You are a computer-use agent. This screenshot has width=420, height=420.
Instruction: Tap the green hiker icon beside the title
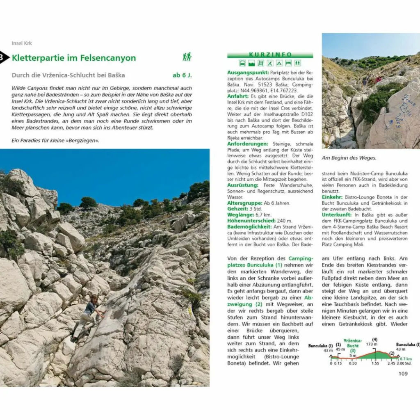click(x=187, y=57)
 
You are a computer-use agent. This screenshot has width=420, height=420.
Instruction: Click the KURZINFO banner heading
click(x=270, y=55)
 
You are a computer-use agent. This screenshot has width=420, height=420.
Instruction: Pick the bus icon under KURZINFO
click(x=242, y=63)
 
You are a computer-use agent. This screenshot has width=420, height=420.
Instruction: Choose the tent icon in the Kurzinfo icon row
click(x=279, y=63)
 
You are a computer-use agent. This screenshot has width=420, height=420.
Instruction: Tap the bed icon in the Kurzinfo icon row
click(x=288, y=63)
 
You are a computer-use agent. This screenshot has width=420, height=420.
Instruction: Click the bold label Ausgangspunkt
click(x=248, y=72)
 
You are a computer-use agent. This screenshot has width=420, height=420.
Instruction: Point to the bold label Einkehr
click(x=332, y=197)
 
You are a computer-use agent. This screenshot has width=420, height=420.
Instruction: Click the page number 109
click(x=403, y=373)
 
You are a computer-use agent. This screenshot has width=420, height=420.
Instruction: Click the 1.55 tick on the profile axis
click(x=375, y=363)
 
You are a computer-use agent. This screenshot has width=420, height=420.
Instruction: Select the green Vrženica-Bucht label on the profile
click(x=352, y=345)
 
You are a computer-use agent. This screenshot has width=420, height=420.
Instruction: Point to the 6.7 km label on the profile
click(x=406, y=359)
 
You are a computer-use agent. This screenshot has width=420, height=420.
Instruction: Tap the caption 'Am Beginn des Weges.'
click(x=349, y=158)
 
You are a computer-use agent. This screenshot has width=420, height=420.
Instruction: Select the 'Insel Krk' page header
click(x=22, y=43)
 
